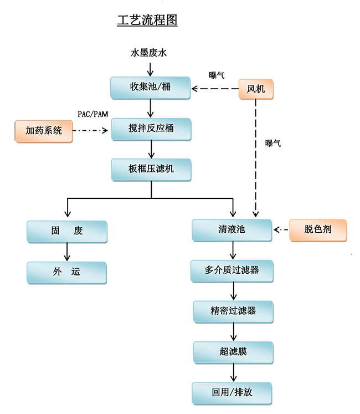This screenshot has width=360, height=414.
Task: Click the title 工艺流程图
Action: [147, 21]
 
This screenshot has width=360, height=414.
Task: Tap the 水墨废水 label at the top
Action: [148, 53]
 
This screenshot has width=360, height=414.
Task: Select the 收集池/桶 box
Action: [151, 88]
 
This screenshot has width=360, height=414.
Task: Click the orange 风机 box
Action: [256, 89]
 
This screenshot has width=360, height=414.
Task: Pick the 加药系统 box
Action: [44, 131]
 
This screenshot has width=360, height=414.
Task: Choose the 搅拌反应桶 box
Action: [151, 129]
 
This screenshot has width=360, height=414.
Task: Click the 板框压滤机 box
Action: [151, 169]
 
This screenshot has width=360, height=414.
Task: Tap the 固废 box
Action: [67, 231]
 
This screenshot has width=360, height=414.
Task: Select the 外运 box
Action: [67, 272]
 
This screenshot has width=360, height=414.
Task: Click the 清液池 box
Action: [232, 229]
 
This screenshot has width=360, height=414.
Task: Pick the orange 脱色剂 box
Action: [318, 229]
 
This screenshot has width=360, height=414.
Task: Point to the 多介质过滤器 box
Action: [232, 270]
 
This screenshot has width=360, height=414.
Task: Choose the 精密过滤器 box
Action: [233, 311]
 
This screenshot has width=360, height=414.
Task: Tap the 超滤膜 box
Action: [233, 352]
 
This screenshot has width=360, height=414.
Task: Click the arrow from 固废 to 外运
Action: [67, 252]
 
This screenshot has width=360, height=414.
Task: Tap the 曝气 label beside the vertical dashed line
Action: [273, 144]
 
